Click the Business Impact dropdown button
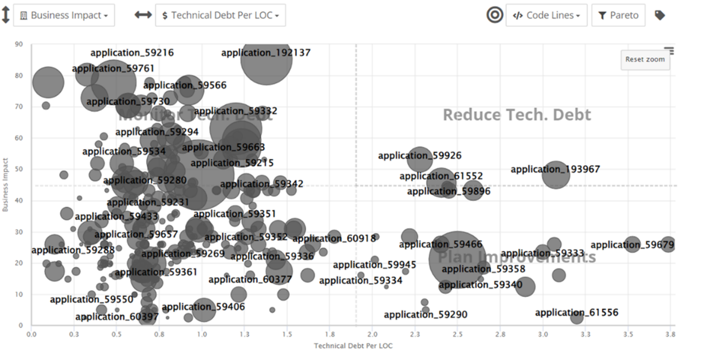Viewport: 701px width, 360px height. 63,16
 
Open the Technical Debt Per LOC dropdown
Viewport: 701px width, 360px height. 220,16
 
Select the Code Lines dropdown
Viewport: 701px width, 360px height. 546,16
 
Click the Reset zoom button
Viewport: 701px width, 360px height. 645,60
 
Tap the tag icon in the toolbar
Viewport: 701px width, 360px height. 660,16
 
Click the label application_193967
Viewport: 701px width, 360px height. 555,169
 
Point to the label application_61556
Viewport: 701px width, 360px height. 576,312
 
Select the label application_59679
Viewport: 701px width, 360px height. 632,245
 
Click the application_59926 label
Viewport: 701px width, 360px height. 419,156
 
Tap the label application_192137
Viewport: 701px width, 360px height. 266,53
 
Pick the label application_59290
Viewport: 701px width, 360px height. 425,314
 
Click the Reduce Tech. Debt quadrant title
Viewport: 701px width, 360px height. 517,114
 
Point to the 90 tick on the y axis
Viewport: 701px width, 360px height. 19,44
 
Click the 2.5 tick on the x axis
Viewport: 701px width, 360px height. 457,334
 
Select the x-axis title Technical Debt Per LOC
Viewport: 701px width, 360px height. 353,345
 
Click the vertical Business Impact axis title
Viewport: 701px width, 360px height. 5,184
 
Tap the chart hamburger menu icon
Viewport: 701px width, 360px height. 669,51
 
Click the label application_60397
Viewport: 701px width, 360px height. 117,316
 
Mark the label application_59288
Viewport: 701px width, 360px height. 73,250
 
